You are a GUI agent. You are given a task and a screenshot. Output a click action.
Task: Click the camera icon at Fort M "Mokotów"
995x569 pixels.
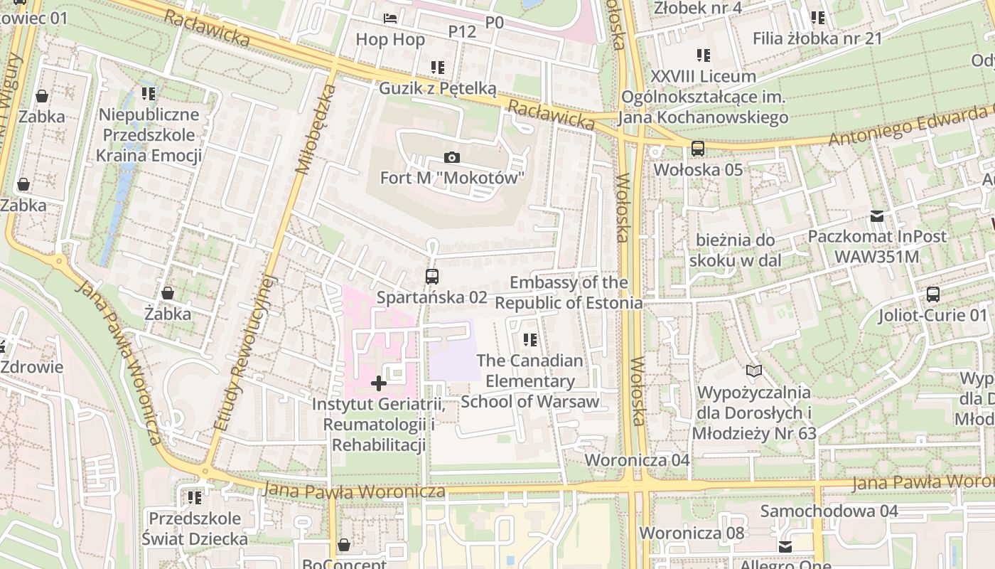coord(451,157)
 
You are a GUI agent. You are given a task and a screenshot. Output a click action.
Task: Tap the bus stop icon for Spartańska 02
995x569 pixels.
coord(431,277)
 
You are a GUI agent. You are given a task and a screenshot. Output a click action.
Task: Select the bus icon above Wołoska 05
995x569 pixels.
coord(698,149)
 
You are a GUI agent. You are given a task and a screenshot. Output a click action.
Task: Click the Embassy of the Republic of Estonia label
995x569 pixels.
coord(569,293)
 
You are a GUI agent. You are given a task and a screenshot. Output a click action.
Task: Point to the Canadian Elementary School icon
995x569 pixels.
coord(529,340)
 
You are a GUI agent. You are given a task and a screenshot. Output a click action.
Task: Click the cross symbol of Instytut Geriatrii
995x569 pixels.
coord(379,384)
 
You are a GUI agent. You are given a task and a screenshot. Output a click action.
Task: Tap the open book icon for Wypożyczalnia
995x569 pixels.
coord(753,371)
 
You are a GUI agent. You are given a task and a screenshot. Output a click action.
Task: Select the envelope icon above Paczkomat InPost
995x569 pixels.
coord(877,216)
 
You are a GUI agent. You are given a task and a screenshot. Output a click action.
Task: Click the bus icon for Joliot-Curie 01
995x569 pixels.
coord(932,294)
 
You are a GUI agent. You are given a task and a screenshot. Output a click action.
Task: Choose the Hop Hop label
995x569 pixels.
coord(390,40)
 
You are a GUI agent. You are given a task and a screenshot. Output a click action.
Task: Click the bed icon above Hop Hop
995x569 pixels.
coord(390,18)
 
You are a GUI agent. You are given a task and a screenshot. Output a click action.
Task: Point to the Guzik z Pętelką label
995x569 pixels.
coord(437,88)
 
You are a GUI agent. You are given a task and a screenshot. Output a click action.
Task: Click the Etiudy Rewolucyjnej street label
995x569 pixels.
coord(244,352)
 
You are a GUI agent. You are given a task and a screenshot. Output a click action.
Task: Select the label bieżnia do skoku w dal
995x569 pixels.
coord(735,250)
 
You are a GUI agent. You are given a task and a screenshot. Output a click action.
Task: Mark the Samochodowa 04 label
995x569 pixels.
coord(829,511)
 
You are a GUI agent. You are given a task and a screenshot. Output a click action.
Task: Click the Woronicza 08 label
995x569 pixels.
coord(692,533)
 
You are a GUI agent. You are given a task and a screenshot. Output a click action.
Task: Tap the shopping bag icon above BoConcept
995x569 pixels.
coord(344,545)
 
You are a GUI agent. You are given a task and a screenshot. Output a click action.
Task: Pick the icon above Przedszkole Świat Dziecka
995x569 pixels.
coord(194,497)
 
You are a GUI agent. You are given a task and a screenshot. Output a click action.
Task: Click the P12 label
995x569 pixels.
coord(462,31)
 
